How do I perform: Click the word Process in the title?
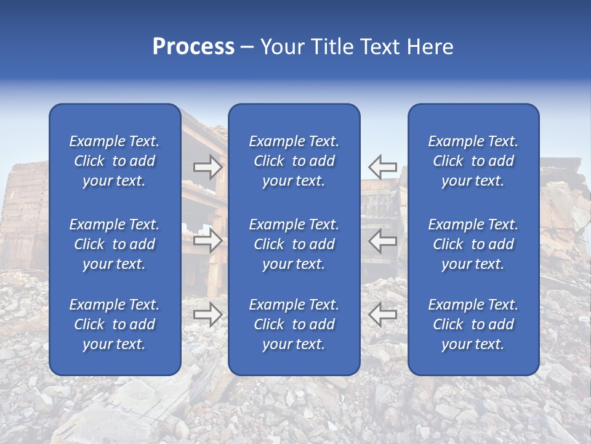tap(193, 47)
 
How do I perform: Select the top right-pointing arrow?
tap(207, 167)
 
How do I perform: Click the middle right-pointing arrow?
tap(207, 240)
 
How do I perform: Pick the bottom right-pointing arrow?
tap(207, 314)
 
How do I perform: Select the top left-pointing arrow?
tap(383, 167)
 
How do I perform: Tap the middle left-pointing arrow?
tap(383, 240)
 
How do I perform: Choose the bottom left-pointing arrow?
tap(383, 314)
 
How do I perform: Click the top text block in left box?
tap(115, 161)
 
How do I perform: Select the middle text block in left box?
tap(115, 244)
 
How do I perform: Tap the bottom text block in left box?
tap(115, 324)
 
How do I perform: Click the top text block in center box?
tap(294, 161)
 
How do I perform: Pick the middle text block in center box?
tap(294, 244)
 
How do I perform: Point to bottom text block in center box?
tap(294, 324)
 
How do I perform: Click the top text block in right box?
tap(473, 161)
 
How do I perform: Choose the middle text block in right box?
tap(473, 244)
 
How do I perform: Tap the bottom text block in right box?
tap(473, 324)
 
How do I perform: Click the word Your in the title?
tap(280, 47)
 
